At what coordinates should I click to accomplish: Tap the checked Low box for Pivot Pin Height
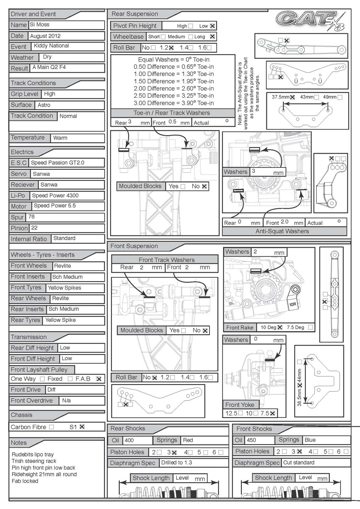pos(213,26)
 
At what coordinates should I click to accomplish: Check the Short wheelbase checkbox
pos(163,37)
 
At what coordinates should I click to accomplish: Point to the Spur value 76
pos(31,217)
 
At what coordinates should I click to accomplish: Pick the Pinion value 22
pos(34,228)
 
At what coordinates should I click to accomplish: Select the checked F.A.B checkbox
pos(99,379)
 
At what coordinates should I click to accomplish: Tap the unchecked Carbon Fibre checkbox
pos(51,427)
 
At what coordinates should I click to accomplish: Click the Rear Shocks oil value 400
pos(129,440)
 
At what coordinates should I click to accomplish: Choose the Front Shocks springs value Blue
pos(310,440)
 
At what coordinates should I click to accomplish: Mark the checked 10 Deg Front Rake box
pos(280,327)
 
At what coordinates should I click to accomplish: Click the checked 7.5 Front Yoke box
pos(273,413)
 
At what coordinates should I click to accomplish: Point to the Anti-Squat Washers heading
pos(285,231)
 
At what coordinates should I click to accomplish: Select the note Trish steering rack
pos(34,461)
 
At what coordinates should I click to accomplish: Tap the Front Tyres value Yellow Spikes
pos(64,288)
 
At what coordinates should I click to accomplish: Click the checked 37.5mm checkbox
pos(293,97)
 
